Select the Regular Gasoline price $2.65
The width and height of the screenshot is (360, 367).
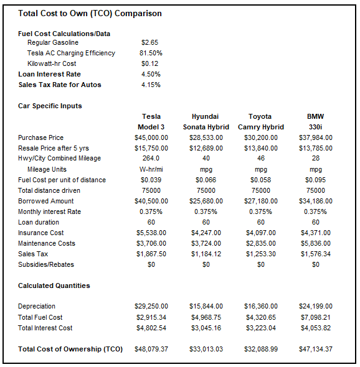tap(151, 42)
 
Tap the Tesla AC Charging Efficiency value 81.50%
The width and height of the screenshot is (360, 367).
tap(151, 53)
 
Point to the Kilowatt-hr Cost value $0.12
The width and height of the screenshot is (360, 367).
tap(151, 63)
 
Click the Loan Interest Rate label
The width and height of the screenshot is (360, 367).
tap(50, 74)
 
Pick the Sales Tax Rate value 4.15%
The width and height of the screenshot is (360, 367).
tap(151, 85)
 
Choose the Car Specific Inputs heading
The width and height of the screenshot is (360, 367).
tap(50, 106)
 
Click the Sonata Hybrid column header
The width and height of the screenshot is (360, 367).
tap(206, 127)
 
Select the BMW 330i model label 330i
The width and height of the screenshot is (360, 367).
tap(315, 127)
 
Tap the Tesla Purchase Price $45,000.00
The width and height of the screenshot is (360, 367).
tap(151, 137)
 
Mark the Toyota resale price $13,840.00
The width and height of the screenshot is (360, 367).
tap(260, 148)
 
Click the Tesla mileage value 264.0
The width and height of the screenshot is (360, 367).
tap(151, 159)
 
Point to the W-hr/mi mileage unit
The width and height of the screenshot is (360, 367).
tap(151, 169)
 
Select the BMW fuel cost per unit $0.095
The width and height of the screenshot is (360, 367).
tap(315, 180)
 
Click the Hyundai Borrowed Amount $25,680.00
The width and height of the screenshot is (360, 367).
tap(206, 201)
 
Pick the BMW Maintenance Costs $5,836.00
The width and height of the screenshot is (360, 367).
tap(315, 243)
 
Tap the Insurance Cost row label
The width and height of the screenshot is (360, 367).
tap(41, 233)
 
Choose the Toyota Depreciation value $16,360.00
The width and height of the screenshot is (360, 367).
tap(260, 306)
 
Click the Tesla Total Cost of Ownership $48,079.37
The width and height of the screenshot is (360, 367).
tap(151, 350)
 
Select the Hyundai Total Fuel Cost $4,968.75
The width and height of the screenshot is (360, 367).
tap(206, 317)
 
